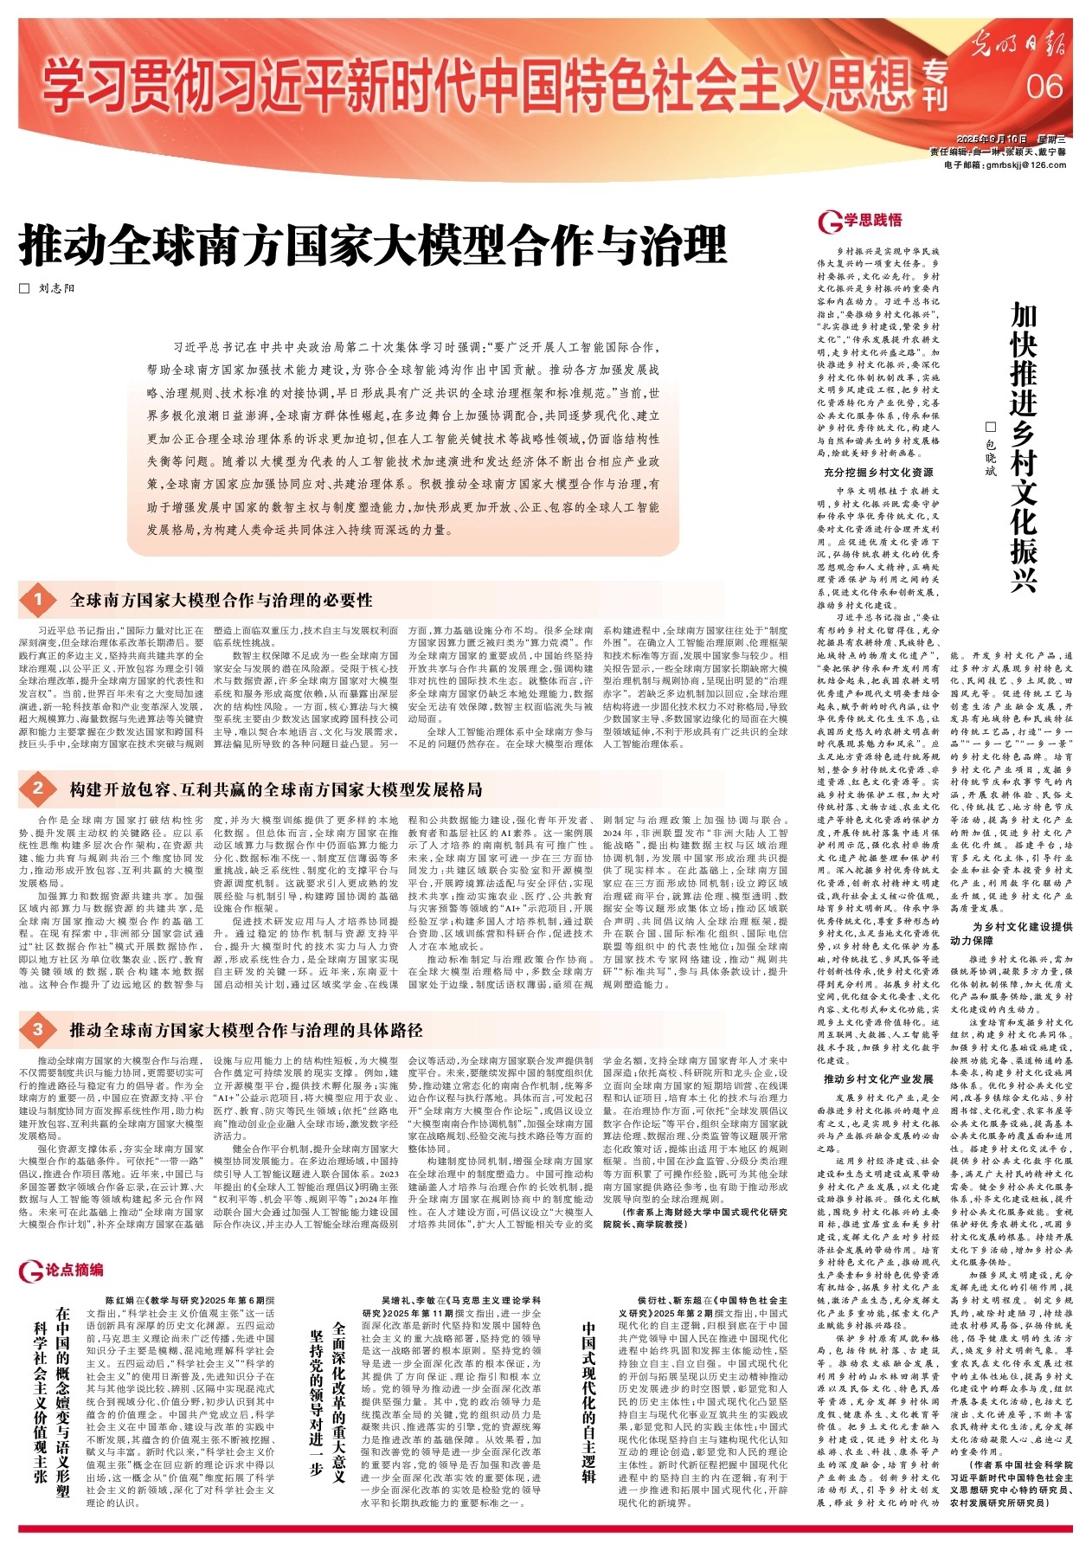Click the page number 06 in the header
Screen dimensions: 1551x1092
click(x=1044, y=87)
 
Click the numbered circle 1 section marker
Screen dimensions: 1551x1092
click(x=37, y=600)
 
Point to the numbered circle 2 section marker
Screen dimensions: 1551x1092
click(x=37, y=788)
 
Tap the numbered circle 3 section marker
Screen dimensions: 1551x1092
click(x=37, y=1029)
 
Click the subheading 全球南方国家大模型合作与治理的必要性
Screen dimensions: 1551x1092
click(x=222, y=600)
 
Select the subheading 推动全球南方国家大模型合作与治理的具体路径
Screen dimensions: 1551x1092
click(x=246, y=1030)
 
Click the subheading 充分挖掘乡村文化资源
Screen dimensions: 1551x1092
click(x=877, y=473)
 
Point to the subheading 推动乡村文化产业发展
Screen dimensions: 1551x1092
click(x=877, y=1079)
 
